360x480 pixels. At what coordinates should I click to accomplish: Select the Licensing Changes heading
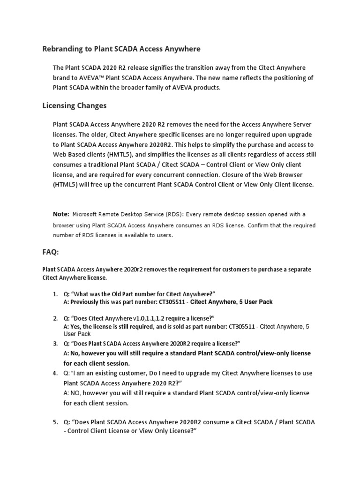point(75,105)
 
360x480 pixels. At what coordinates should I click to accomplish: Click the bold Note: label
point(61,214)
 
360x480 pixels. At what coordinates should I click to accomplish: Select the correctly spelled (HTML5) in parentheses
point(68,184)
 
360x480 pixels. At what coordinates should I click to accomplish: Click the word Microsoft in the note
point(87,215)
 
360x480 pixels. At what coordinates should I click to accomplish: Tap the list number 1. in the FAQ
point(55,294)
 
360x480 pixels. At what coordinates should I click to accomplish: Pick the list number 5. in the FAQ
point(55,422)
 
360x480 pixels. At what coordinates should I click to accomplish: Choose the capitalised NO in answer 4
point(76,393)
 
